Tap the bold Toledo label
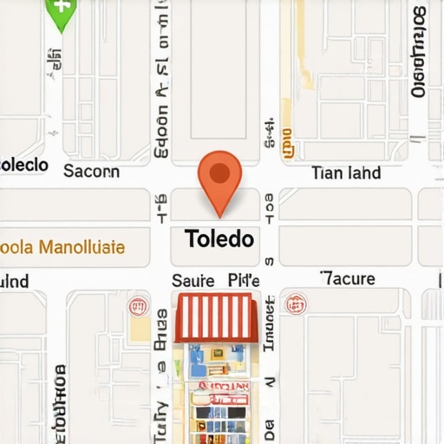pos(219,238)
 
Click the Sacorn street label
pos(92,172)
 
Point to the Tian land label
pos(345,173)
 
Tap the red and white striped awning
pos(217,317)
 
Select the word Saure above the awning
pos(193,280)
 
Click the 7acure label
pos(347,278)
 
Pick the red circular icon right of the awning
pos(297,304)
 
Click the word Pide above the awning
pos(244,280)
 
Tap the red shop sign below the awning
pos(222,387)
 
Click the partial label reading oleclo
pos(23,165)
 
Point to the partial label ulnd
pos(15,281)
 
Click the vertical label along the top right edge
pos(419,52)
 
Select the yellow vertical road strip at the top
pos(307,43)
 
